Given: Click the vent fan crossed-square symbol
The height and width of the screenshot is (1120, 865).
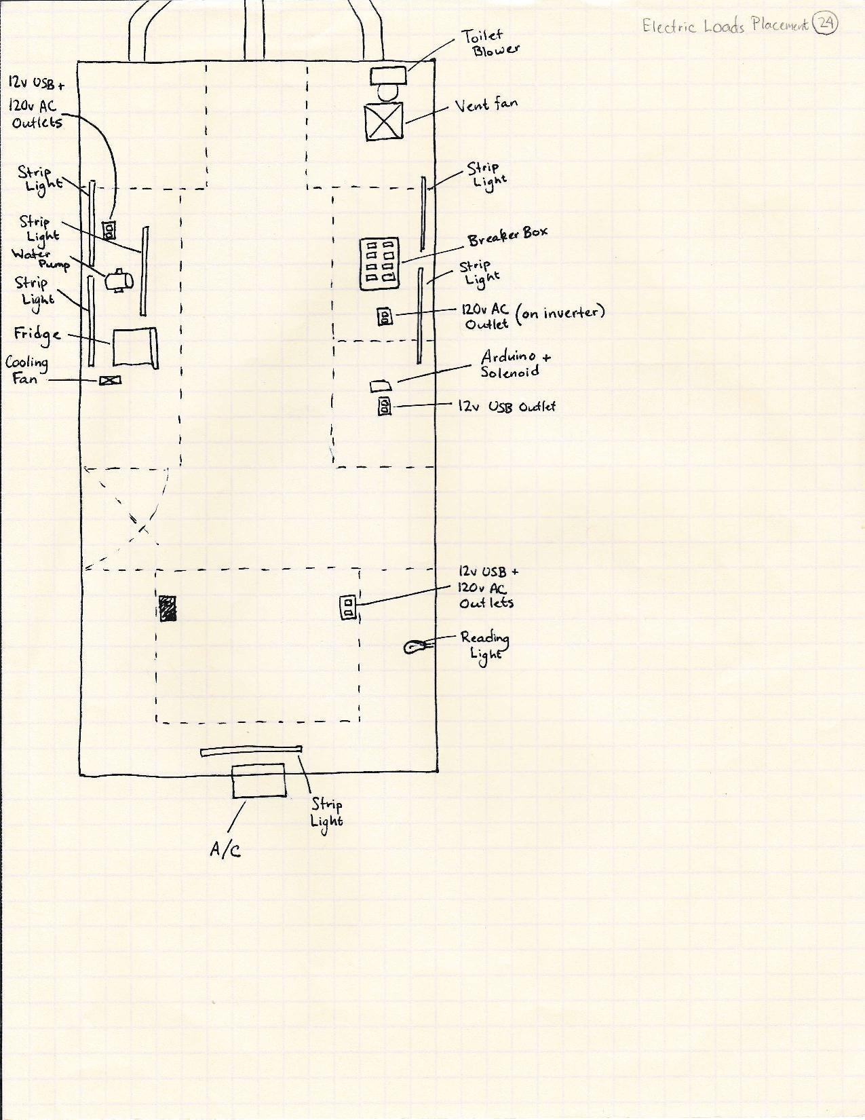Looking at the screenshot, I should [x=384, y=122].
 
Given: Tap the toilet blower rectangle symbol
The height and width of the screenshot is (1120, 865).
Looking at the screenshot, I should [x=388, y=75].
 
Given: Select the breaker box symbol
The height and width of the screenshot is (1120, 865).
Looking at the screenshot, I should [x=379, y=264].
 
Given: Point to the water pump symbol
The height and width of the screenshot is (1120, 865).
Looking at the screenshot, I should [x=119, y=280].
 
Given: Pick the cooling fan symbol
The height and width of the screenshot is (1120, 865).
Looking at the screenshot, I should [x=110, y=380].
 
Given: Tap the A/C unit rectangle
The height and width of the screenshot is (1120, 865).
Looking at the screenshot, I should [x=258, y=781].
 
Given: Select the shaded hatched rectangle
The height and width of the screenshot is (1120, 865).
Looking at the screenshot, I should [x=168, y=608].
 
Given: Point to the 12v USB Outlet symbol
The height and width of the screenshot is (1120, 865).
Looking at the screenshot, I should [x=385, y=407].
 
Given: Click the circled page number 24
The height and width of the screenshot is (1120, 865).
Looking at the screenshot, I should [x=826, y=24].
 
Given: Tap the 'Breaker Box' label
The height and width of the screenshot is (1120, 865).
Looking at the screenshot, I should [x=507, y=236].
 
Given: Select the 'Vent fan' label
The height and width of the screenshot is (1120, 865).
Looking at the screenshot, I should [x=486, y=105].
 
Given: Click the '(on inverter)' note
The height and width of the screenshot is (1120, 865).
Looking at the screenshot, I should [x=560, y=313].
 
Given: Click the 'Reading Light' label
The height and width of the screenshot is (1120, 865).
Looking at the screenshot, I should [x=485, y=646].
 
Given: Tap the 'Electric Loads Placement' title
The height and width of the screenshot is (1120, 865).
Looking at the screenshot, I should [x=725, y=26].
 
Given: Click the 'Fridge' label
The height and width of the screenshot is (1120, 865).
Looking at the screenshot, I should [x=37, y=334].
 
